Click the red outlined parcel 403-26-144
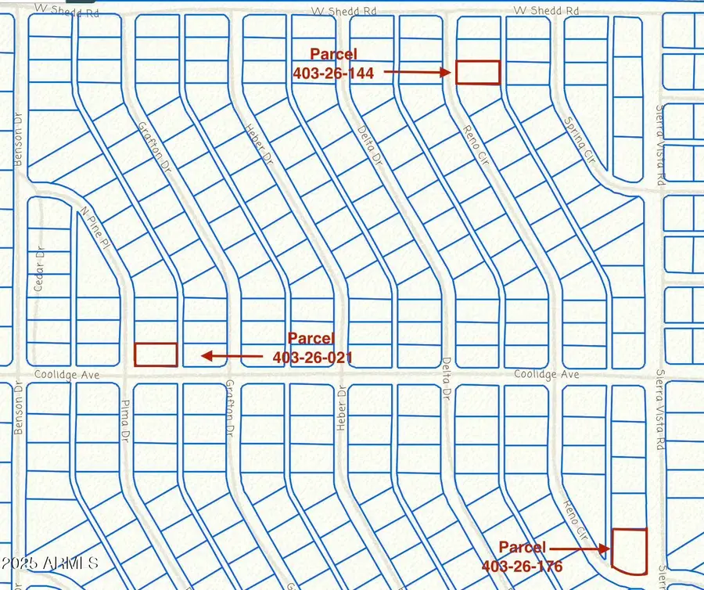coord(477,72)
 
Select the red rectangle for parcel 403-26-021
coord(156,354)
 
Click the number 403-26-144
coord(333,73)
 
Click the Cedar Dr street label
coord(40,271)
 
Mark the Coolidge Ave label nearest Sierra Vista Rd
coord(546,375)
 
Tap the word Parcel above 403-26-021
coord(311,339)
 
